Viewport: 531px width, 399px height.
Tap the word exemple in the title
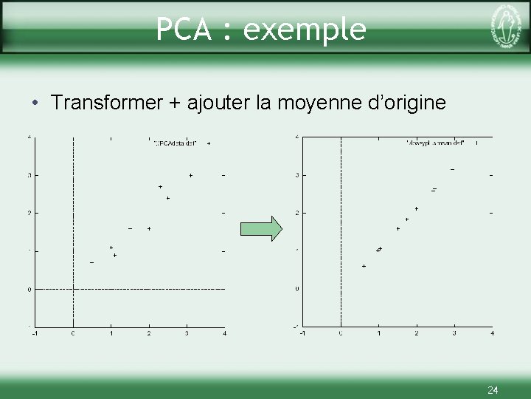(x=305, y=30)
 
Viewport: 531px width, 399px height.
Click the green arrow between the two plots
(x=262, y=228)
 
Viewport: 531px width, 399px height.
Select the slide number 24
(x=493, y=389)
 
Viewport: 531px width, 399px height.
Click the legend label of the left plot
(x=176, y=143)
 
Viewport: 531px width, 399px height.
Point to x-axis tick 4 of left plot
(x=224, y=334)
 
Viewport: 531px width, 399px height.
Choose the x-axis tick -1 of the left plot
(x=35, y=334)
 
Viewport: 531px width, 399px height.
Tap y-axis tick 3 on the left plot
(x=29, y=175)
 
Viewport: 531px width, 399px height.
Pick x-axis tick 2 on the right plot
(x=416, y=334)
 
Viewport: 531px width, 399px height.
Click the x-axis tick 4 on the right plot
(x=492, y=334)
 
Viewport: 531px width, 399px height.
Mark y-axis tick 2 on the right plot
(x=296, y=213)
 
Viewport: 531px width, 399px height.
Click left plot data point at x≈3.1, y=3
(x=190, y=175)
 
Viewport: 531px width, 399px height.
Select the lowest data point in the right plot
(x=364, y=266)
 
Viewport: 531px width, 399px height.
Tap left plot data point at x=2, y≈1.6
(x=149, y=229)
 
